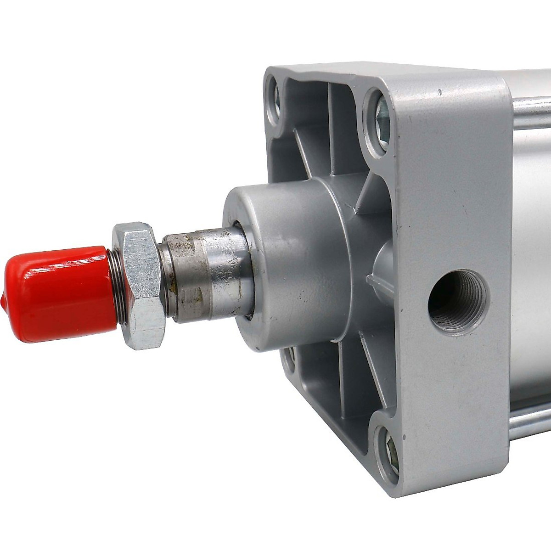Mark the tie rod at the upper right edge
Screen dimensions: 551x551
click(x=533, y=106)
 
